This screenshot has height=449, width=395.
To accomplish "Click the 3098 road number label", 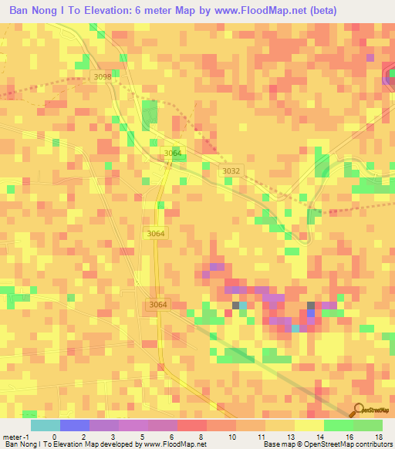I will coord(102,77).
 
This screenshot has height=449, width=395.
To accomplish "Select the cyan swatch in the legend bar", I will coord(46,425).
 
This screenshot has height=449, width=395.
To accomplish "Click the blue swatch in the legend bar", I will coord(75,425).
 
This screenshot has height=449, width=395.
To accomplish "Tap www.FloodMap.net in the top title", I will coord(258,10).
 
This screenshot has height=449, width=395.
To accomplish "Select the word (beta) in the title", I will coord(322,10).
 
